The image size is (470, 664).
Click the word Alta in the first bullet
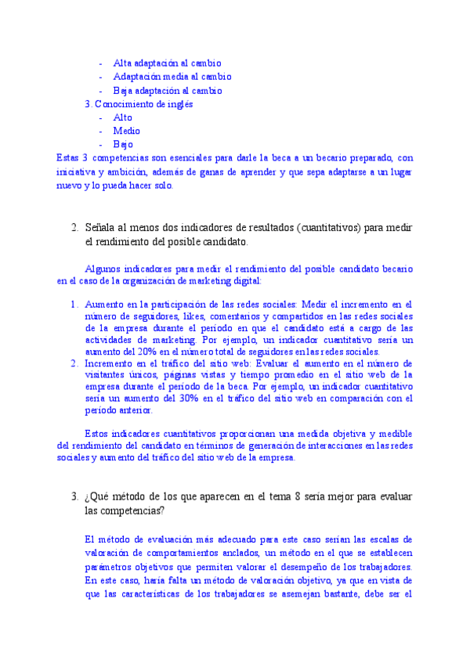[123, 63]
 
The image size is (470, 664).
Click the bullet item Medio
[127, 131]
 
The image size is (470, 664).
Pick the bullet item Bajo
[123, 145]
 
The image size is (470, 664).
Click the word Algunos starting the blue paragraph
[102, 269]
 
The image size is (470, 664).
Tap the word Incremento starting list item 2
[110, 364]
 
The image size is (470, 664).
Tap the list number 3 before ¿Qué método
[73, 497]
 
